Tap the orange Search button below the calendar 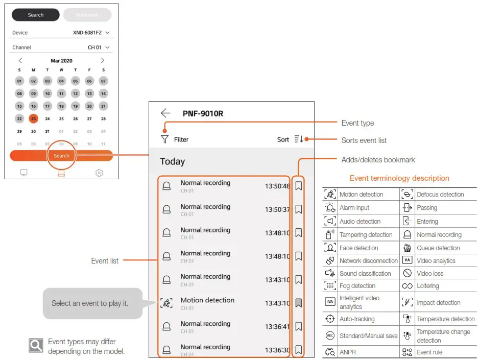[61, 156]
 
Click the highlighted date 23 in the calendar [33, 118]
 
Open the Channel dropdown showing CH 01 [99, 47]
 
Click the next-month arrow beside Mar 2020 [103, 60]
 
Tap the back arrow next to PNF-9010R [165, 113]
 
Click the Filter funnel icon [164, 139]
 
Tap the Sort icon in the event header [299, 139]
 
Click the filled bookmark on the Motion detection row [299, 303]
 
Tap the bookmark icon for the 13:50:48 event [299, 186]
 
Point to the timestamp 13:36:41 [277, 327]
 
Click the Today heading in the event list [172, 161]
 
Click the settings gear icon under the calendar [99, 173]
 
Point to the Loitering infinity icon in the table [407, 286]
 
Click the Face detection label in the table [359, 248]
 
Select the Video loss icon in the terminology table [407, 273]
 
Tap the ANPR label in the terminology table [348, 352]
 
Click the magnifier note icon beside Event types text [35, 346]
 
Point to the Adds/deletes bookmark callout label [378, 160]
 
